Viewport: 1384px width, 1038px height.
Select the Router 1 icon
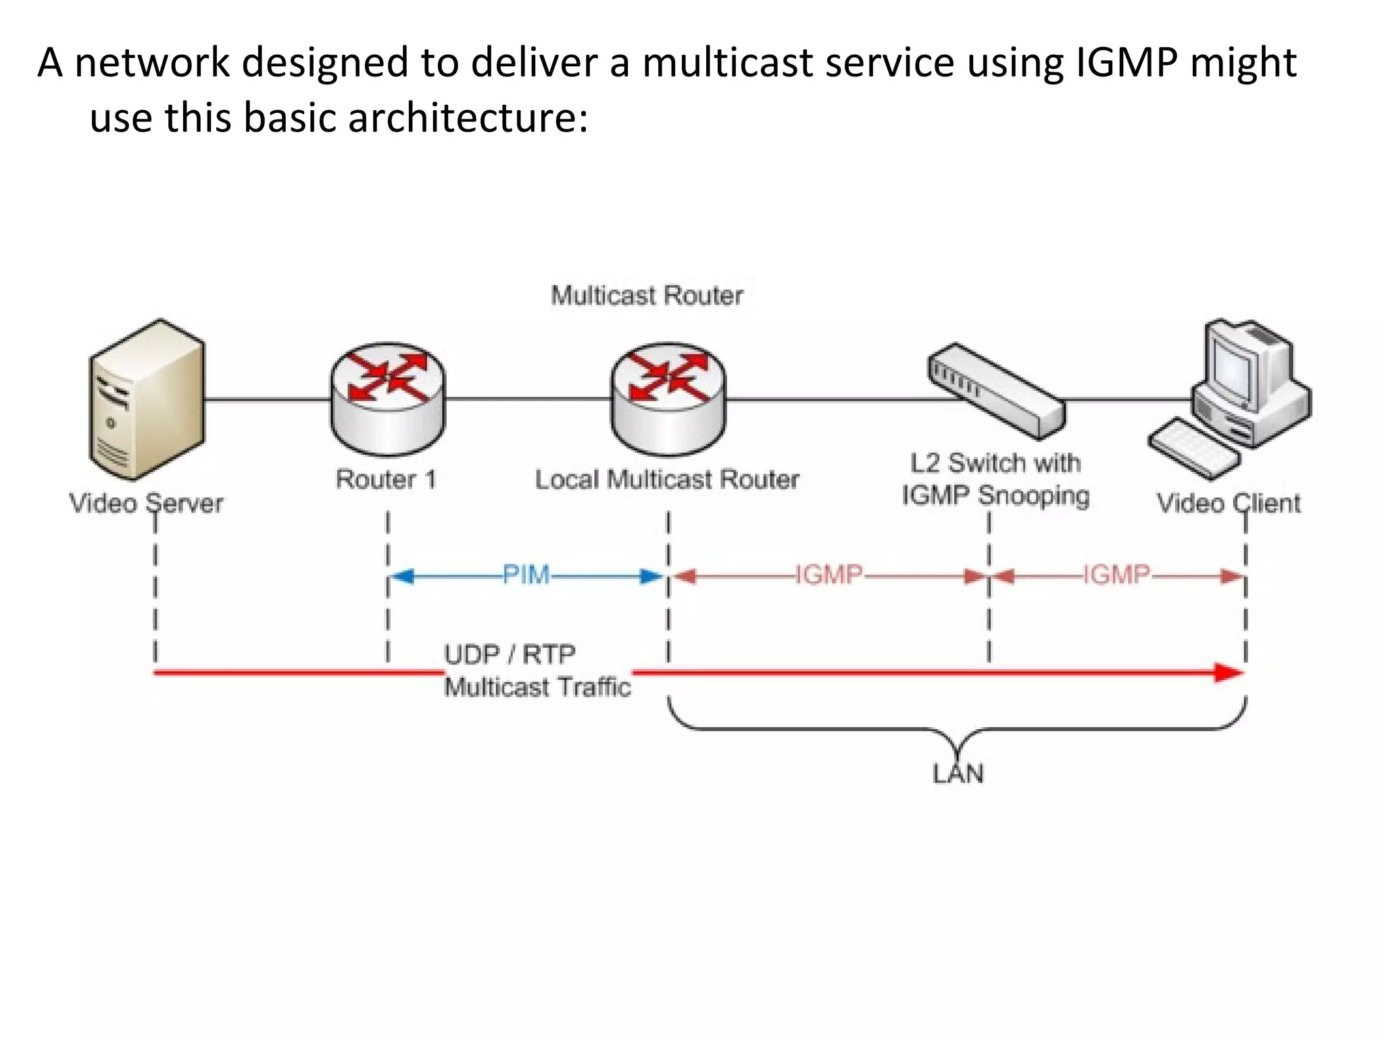coord(387,399)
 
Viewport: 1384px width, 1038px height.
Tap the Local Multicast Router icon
coord(668,399)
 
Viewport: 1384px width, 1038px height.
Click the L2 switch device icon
coord(995,391)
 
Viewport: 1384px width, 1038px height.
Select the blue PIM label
coord(526,575)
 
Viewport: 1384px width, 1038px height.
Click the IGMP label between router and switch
coord(829,575)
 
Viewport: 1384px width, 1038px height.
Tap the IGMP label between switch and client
coord(1116,575)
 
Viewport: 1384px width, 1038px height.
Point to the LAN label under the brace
coord(958,774)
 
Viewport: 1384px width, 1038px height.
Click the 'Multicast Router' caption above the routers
coord(647,295)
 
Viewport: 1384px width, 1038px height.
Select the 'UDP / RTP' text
coord(510,654)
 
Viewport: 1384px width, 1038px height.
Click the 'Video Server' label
coord(146,503)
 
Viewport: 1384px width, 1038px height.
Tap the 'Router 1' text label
coord(386,480)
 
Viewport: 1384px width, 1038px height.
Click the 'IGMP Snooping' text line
coord(995,495)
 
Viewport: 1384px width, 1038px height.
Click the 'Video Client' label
coord(1228,503)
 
